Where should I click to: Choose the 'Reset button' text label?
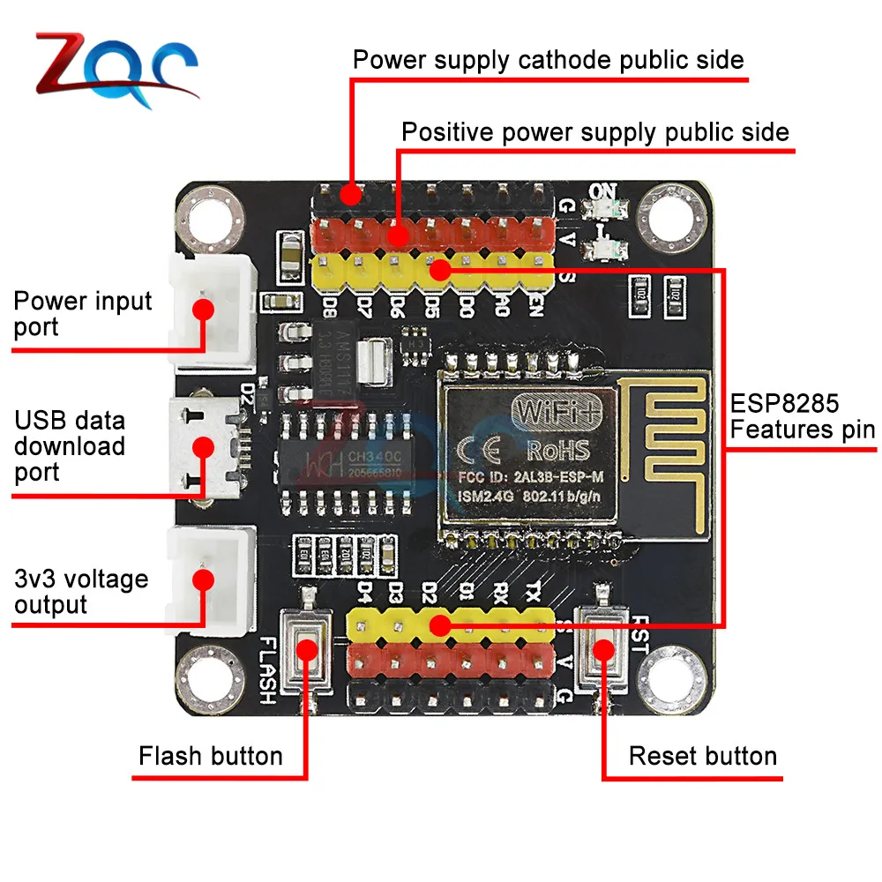pos(702,757)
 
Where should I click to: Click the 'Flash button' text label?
pos(211,757)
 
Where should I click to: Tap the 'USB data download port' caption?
pos(70,446)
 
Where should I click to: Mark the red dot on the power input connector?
pos(205,310)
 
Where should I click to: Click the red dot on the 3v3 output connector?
pos(205,579)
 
